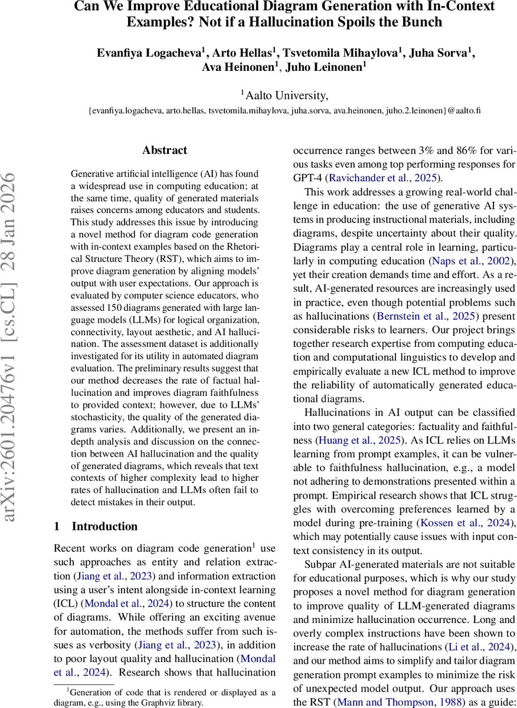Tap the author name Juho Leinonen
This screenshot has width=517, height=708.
pos(325,67)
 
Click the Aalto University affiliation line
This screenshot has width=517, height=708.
pos(284,94)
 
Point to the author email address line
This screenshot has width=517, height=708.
pos(284,110)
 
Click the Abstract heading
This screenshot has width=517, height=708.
pos(165,150)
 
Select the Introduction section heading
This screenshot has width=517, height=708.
pos(104,526)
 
